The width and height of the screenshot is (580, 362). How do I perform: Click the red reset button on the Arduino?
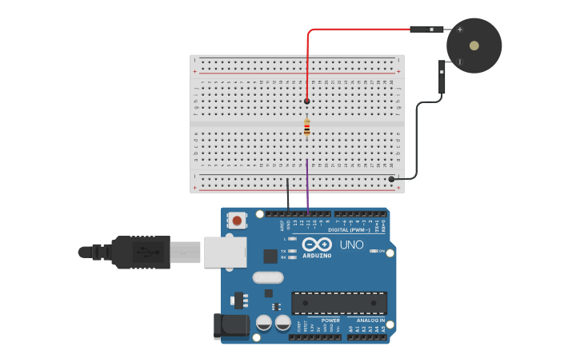click(x=238, y=220)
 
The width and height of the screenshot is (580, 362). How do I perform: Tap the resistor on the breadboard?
click(x=307, y=127)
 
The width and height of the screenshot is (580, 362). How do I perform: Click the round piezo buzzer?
click(x=474, y=46)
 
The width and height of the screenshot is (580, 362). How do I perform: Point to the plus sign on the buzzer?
click(x=460, y=30)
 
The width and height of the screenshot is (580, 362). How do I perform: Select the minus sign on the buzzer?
click(x=459, y=61)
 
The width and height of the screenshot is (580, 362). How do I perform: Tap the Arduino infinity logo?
click(x=317, y=245)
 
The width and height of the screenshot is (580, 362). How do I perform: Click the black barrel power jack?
click(x=227, y=326)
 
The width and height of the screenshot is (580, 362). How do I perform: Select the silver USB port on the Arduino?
click(x=225, y=251)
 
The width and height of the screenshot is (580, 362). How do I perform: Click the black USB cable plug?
click(x=140, y=252)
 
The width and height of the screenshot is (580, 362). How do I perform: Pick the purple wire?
click(x=307, y=188)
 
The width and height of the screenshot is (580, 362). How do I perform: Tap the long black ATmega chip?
click(x=339, y=303)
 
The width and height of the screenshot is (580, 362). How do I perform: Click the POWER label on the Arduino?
click(x=330, y=320)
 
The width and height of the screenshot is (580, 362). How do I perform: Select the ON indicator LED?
click(x=374, y=251)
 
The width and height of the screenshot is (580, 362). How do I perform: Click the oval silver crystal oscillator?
click(x=267, y=278)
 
